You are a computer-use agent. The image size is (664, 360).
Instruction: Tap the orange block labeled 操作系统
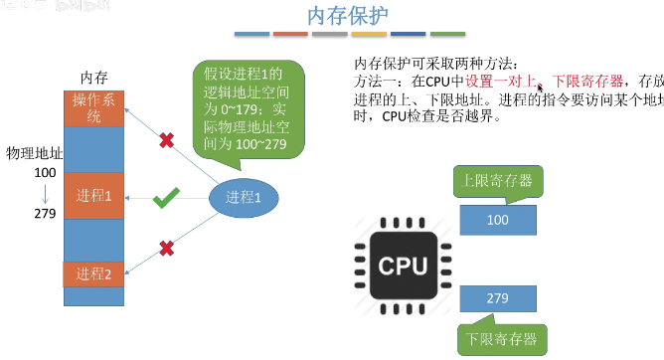[x=93, y=108]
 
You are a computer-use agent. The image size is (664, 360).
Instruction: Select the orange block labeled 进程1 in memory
[x=93, y=196]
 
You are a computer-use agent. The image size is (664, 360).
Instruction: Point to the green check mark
[x=165, y=200]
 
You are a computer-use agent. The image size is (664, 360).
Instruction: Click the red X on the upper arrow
[x=166, y=142]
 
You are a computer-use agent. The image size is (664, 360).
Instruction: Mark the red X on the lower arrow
[x=166, y=247]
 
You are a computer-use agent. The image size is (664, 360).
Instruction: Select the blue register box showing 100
[x=498, y=218]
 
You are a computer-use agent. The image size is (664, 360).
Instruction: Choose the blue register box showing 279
[x=498, y=297]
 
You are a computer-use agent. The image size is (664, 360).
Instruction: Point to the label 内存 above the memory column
[x=93, y=77]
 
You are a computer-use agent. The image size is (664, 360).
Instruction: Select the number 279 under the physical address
[x=44, y=213]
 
